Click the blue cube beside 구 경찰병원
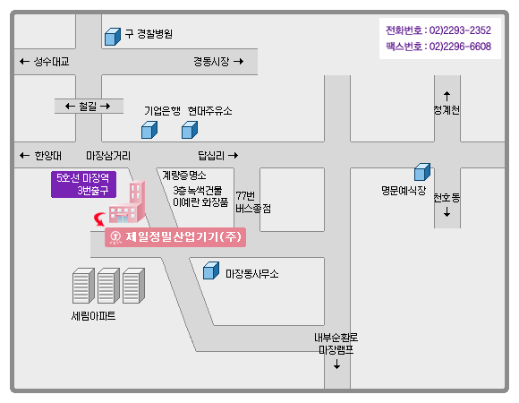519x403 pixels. pos(113,37)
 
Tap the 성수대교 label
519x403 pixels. pos(51,62)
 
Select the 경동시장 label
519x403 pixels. pos(211,62)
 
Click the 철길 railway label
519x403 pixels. pos(88,107)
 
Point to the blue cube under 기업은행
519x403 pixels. pos(149,130)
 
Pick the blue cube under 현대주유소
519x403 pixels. pos(190,130)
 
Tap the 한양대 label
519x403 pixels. pos(48,156)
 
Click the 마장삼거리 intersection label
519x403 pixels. pos(108,156)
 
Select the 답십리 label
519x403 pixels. pos(211,156)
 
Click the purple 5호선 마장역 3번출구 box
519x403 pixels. pos(83,184)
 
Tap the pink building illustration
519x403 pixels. pos(127,201)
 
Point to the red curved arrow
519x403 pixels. pos(99,219)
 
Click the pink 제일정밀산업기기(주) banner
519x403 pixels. pos(175,237)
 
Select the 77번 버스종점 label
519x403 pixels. pos(253,202)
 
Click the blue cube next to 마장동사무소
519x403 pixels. pos(211,270)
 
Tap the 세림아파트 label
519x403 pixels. pos(93,316)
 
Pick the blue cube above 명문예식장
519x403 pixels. pos(422,172)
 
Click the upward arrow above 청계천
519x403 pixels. pos(447,97)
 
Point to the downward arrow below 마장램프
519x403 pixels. pos(337,364)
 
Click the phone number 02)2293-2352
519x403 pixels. pos(460,30)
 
